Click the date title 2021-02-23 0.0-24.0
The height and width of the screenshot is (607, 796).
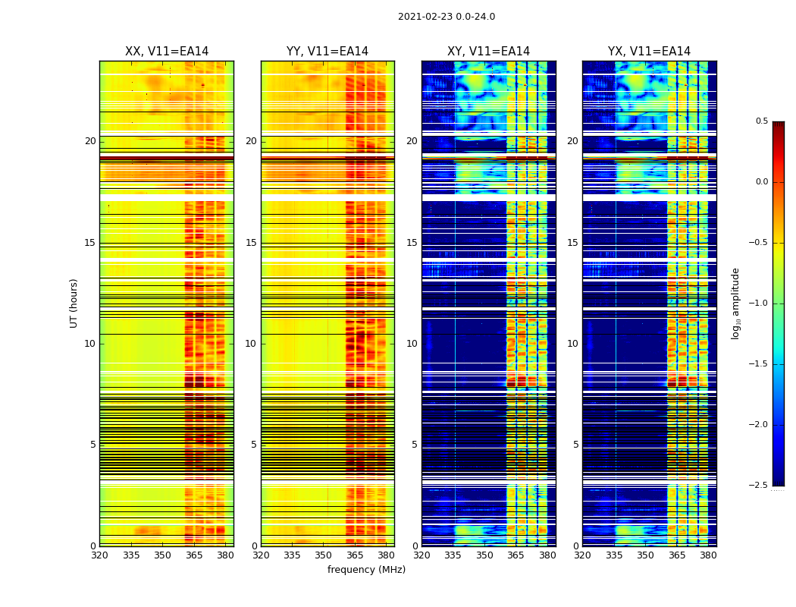(x=446, y=17)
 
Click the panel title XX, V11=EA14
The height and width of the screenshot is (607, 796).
(x=167, y=52)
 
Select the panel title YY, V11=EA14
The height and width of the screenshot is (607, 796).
(x=327, y=52)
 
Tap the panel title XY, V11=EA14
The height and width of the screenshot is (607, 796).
(x=488, y=52)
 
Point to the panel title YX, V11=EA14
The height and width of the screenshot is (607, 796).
(x=649, y=52)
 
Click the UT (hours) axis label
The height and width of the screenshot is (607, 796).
(x=74, y=303)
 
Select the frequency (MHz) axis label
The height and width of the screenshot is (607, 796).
(x=366, y=570)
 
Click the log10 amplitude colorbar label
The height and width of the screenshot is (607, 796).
(x=735, y=303)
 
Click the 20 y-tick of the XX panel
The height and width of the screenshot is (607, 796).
(x=90, y=141)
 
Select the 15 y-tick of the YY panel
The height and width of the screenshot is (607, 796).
(x=251, y=243)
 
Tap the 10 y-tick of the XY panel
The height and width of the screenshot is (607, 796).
(x=412, y=344)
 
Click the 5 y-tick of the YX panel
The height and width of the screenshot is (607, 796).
(x=575, y=445)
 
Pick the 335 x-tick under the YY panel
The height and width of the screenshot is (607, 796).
(x=292, y=555)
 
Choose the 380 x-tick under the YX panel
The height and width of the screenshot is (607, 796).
(x=708, y=555)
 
